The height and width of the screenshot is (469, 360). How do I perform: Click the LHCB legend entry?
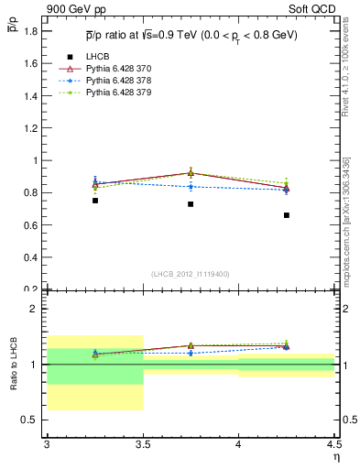(97, 57)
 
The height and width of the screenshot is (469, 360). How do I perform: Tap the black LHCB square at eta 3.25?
(94, 201)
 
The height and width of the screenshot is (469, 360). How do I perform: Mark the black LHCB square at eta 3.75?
(191, 204)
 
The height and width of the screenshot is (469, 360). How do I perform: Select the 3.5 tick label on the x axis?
(143, 444)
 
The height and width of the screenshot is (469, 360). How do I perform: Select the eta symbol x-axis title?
(335, 455)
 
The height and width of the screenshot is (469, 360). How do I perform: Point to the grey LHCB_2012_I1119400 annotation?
(191, 274)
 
